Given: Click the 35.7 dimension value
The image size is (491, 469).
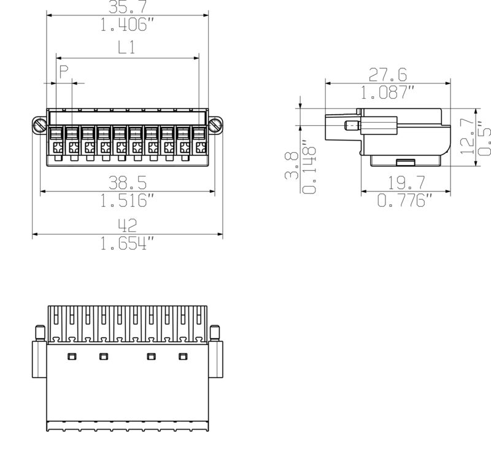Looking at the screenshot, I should coord(127,7).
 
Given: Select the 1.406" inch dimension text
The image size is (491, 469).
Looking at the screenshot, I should coord(126,25).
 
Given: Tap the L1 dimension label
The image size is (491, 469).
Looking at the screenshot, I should coord(126,48).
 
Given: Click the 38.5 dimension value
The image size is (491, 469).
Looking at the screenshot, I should coord(127,182).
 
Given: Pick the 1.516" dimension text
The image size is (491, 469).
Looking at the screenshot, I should coord(127,200).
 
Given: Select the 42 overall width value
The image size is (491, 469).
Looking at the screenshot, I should coord(127,225).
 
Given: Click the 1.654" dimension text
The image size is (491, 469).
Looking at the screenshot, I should coord(127,244).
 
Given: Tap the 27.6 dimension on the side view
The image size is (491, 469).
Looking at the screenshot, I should coord(388,75).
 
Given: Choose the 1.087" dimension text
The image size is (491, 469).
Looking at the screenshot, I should coord(388,93).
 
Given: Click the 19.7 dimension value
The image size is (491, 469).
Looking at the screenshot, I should coord(405,182).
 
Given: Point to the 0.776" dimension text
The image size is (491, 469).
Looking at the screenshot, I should coord(405,200).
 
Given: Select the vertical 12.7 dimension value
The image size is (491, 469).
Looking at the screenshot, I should coord(467,136).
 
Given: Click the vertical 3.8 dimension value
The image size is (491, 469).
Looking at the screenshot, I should coord(292,166).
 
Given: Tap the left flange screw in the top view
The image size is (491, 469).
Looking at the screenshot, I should coord(39,126).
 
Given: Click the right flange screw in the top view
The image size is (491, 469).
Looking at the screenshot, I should coord(215,126).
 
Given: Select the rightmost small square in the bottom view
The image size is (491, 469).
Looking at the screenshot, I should coord(182,356).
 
